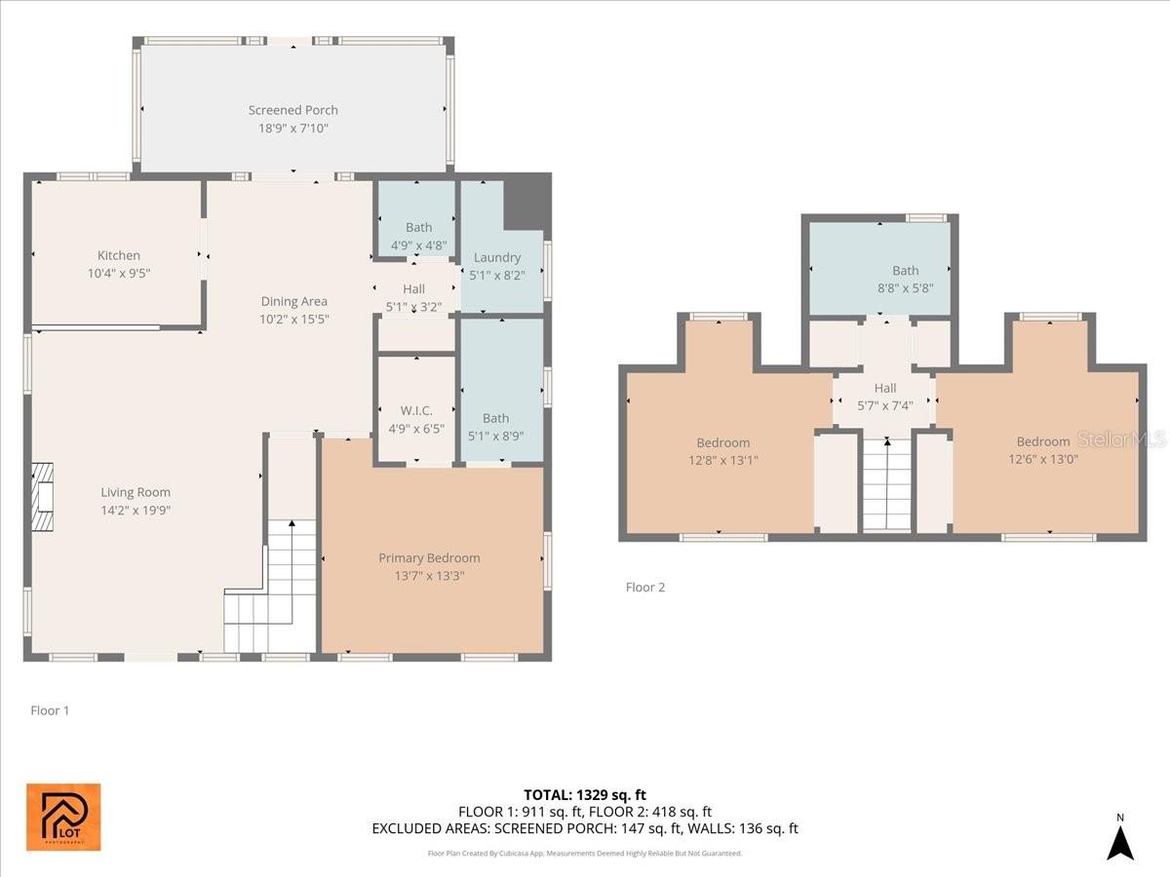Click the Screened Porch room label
pos(293,110)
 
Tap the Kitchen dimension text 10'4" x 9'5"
pos(119,274)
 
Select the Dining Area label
pos(294,301)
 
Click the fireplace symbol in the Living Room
pos(42,497)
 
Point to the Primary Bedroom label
pos(429,558)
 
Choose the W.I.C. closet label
pos(416,410)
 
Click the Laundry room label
pos(497,257)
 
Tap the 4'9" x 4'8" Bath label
pos(419,227)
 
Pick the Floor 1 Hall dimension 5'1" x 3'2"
pos(414,307)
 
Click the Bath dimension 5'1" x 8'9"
pos(495,437)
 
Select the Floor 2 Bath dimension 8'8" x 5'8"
pos(906,288)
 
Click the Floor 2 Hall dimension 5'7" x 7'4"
pos(885,405)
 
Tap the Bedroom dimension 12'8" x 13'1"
pos(723,460)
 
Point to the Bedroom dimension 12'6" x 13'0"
pos(1043,459)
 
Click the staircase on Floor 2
pos(887,484)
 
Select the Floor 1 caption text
pos(50,711)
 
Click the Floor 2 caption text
pos(645,588)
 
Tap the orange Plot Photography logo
pos(63,817)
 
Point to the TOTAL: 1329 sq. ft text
pos(585,795)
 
